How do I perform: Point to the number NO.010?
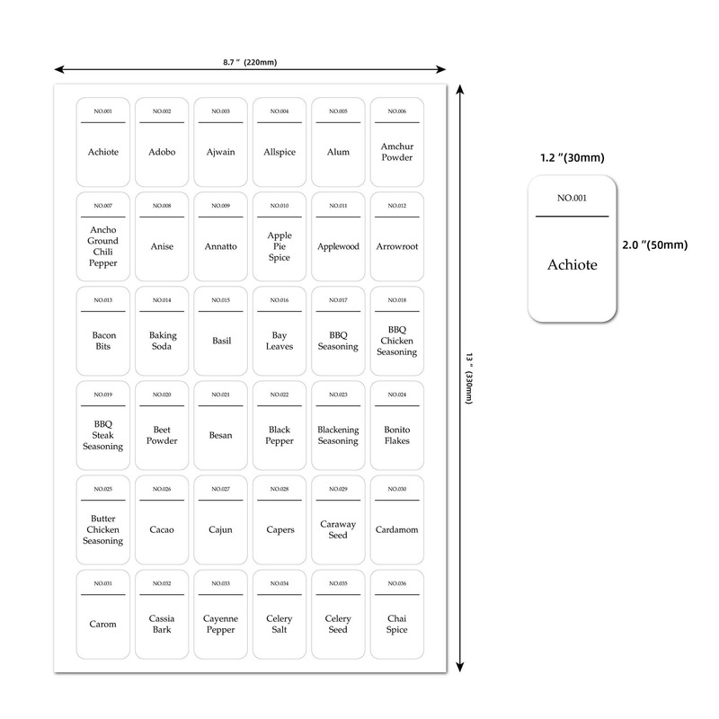[x=279, y=206]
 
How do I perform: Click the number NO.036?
[x=396, y=583]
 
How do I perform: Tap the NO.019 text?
[x=102, y=395]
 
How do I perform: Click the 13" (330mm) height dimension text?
[x=469, y=377]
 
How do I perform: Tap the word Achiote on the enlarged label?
[x=572, y=265]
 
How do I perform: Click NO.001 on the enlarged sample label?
[x=572, y=198]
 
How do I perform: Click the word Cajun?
[x=220, y=529]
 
